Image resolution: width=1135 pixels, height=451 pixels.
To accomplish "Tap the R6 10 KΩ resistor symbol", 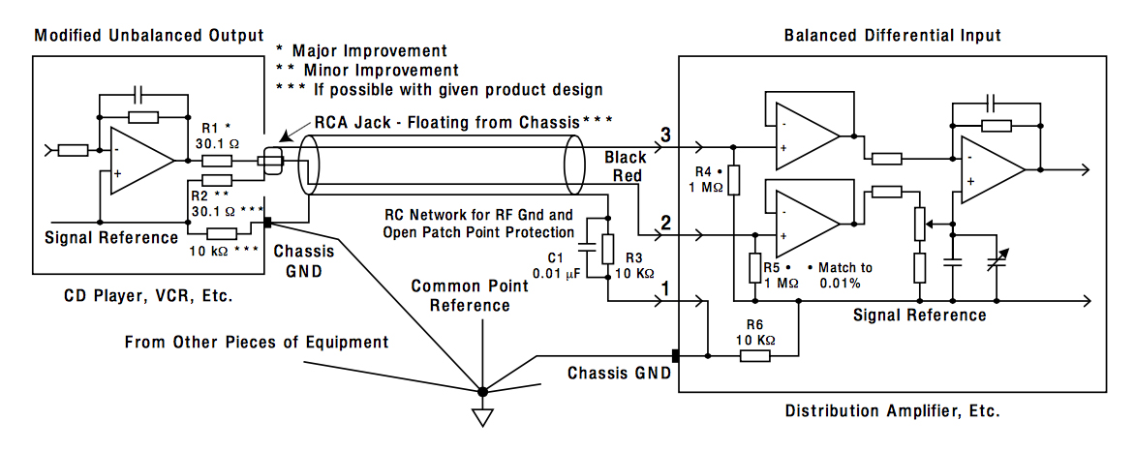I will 755,356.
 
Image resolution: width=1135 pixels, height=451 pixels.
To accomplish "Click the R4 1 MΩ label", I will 708,180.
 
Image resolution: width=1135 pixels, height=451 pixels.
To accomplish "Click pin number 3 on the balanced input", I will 665,134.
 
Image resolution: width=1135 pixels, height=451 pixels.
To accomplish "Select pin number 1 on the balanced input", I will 665,288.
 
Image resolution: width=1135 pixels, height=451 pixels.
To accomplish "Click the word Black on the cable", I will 626,157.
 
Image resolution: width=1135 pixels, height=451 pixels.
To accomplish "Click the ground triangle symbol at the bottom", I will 482,417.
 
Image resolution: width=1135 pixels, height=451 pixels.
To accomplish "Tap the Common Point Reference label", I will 471,295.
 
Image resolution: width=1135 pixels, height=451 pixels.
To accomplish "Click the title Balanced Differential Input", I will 893,36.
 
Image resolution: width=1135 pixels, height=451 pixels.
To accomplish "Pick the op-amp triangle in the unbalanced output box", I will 141,161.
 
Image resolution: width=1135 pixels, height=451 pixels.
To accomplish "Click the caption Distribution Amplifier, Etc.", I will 892,410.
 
